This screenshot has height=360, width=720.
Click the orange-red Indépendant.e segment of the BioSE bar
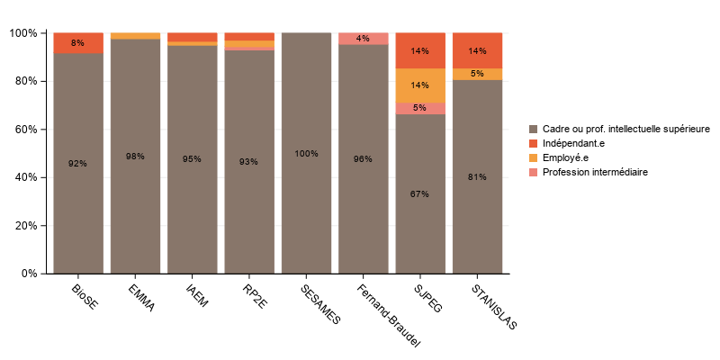78,43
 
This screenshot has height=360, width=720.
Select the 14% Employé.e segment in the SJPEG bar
420,85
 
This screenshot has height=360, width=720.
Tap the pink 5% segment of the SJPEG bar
420,108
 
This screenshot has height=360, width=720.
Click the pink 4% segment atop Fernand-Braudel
364,38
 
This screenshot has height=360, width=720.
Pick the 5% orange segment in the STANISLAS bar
478,74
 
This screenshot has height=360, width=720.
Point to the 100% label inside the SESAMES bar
306,154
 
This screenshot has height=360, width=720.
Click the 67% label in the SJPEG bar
420,194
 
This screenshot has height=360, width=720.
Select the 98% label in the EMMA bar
135,157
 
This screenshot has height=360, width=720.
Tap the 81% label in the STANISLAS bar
478,177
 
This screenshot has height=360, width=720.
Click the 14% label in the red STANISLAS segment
478,51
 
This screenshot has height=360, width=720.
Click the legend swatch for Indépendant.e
534,143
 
